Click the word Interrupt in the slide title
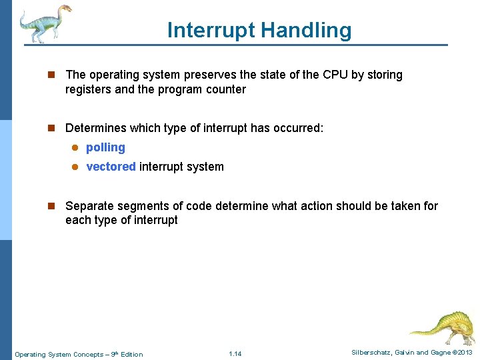[x=211, y=30]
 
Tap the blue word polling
[x=105, y=147]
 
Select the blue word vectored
[x=111, y=167]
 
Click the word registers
[x=88, y=89]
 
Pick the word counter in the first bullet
[x=225, y=89]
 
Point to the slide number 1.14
[x=235, y=354]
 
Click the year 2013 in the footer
[x=465, y=353]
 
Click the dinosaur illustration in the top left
[x=44, y=24]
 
